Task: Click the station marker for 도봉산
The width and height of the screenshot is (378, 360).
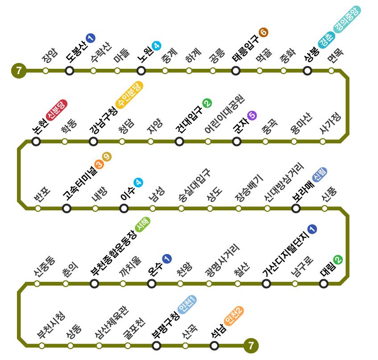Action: point(70,71)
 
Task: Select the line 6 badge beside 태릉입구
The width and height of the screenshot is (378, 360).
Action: point(263,32)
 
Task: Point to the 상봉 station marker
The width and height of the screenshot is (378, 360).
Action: point(307,71)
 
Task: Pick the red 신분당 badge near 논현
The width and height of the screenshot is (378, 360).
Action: point(56,110)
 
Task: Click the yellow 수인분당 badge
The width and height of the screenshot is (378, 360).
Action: point(129,95)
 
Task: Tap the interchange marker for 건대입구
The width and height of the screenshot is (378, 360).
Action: point(179,142)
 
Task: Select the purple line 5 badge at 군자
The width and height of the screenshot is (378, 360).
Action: point(252,116)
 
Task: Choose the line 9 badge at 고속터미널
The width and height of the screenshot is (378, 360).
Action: point(107,157)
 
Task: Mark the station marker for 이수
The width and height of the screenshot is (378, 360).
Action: point(124,208)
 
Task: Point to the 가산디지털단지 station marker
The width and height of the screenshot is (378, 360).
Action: point(266,283)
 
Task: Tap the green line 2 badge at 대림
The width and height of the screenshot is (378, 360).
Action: point(338,260)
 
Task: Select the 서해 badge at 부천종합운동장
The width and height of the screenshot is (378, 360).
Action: point(143,224)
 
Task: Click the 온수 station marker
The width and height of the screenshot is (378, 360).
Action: point(152,283)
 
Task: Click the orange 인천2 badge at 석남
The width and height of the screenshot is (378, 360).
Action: point(234,316)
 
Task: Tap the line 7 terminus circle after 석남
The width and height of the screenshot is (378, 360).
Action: point(251,345)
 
